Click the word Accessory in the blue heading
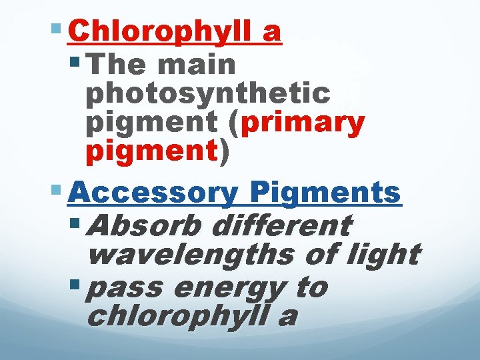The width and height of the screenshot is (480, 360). [x=153, y=193]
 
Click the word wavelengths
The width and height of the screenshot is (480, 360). [x=193, y=254]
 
